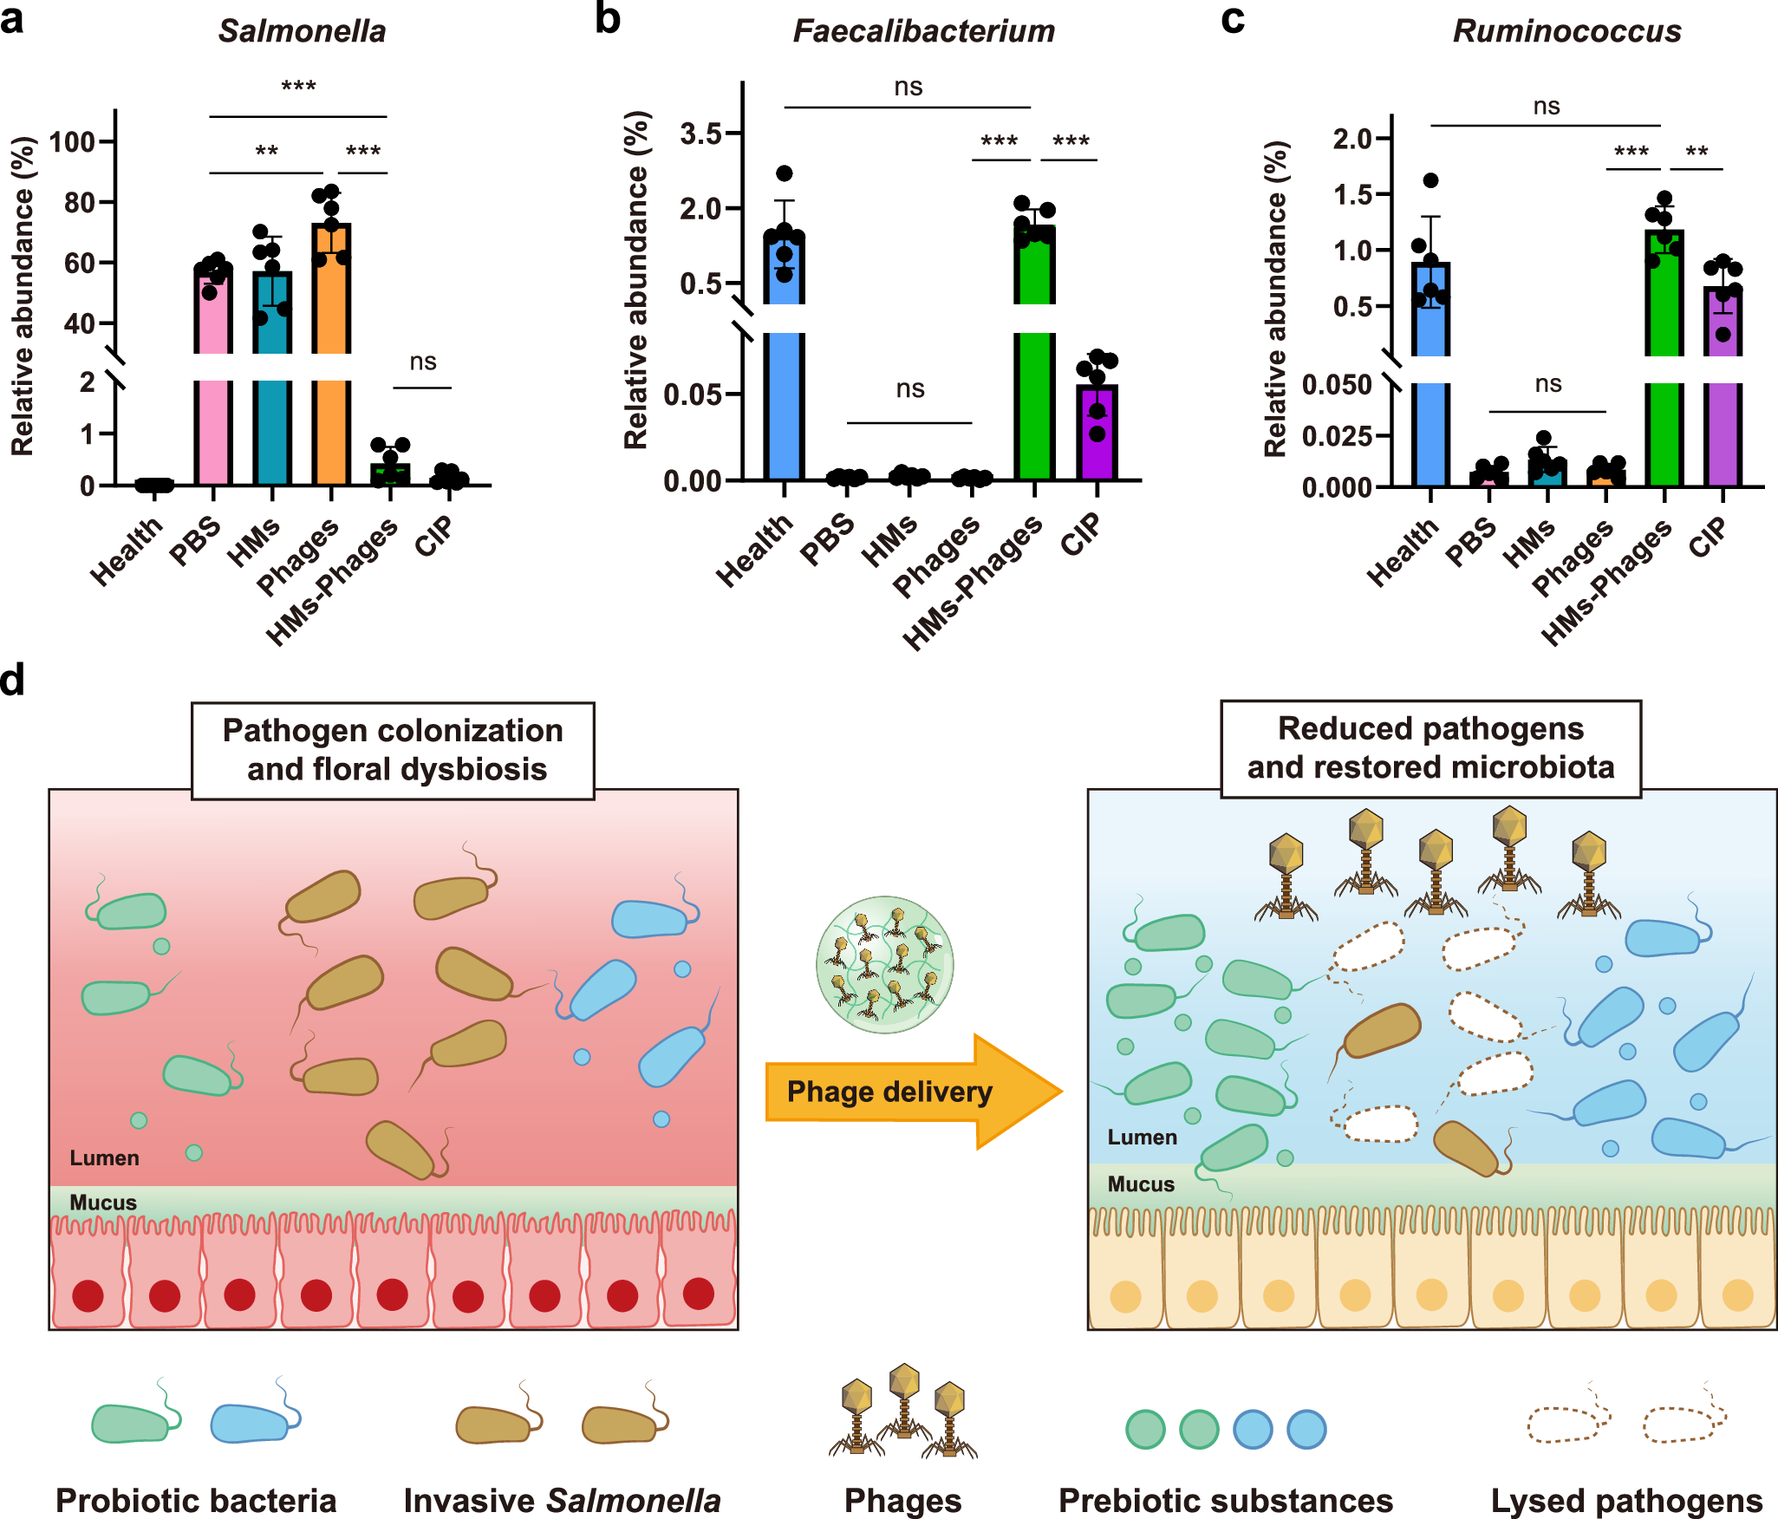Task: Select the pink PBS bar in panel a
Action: (x=213, y=416)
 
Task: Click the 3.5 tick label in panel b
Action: (x=700, y=134)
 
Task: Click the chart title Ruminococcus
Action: (x=1566, y=31)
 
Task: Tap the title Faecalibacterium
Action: (x=923, y=31)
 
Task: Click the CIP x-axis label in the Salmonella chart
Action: (x=434, y=536)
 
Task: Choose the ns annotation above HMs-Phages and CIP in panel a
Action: (x=422, y=362)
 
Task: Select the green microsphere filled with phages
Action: (x=884, y=964)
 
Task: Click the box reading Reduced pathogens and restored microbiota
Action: (x=1430, y=748)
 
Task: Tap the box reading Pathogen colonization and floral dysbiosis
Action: (x=393, y=750)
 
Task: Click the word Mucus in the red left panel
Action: (x=103, y=1203)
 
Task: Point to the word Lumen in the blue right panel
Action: (x=1142, y=1138)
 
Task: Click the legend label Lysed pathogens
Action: (x=1626, y=1500)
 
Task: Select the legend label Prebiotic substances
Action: (x=1225, y=1500)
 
